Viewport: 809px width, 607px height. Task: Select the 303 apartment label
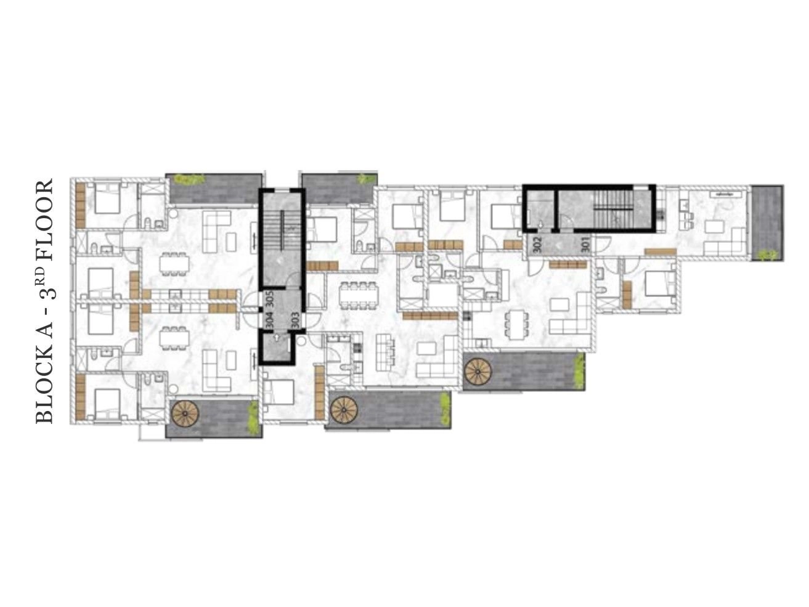(295, 320)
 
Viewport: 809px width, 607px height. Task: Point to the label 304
(269, 320)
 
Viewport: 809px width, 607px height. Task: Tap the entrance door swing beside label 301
(600, 245)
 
